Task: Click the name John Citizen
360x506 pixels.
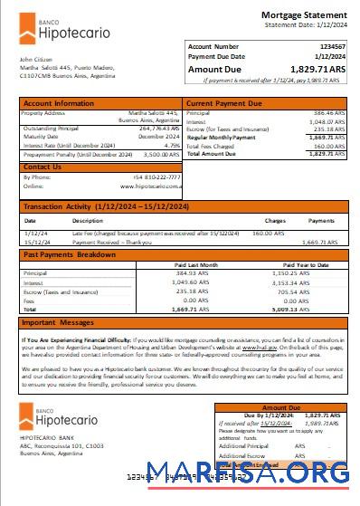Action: click(x=33, y=59)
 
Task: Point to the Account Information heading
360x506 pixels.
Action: click(x=58, y=104)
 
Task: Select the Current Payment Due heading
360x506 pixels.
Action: click(x=226, y=104)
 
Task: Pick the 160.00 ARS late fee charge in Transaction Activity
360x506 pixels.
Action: click(x=268, y=234)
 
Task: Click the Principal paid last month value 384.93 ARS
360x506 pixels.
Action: click(x=189, y=272)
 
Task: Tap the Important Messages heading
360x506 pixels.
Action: click(x=58, y=322)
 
